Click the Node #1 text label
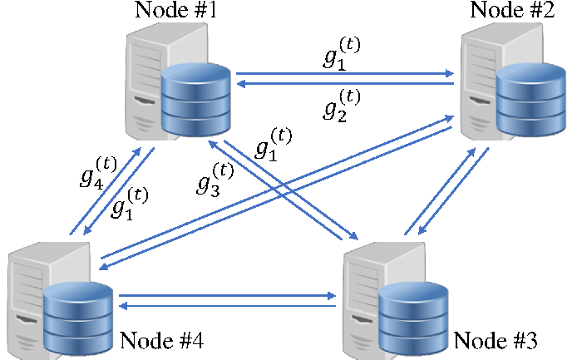click(175, 9)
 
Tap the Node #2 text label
click(512, 9)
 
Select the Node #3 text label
click(496, 340)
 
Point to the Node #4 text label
click(161, 340)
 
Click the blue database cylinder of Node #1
click(196, 99)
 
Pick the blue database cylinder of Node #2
click(531, 99)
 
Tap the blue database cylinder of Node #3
click(413, 318)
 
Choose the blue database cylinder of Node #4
click(78, 318)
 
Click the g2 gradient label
click(342, 106)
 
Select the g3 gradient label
click(215, 180)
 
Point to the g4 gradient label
click(98, 173)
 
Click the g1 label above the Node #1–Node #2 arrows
click(342, 54)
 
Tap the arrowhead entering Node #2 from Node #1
click(450, 74)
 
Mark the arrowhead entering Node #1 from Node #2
click(241, 84)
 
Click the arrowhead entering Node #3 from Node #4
click(332, 295)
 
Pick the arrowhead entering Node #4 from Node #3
click(123, 306)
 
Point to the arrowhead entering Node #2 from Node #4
click(449, 118)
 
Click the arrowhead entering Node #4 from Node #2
click(103, 268)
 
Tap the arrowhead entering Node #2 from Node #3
click(471, 151)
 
